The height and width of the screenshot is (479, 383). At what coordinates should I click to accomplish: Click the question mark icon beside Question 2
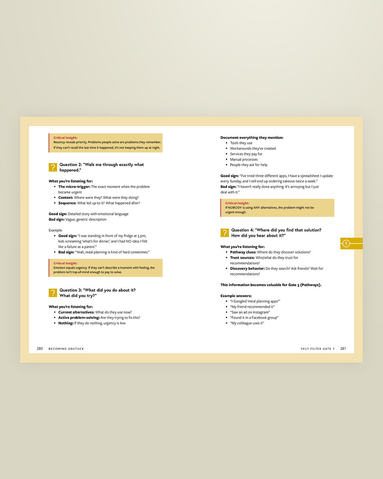(53, 167)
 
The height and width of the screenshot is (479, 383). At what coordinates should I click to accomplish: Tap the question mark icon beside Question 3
(53, 293)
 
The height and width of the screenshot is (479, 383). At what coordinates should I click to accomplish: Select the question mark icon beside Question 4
(225, 233)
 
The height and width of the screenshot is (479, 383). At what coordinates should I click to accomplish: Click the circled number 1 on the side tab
(346, 243)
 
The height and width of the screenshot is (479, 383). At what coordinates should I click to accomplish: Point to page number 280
(40, 348)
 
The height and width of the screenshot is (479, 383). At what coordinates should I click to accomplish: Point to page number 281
(343, 348)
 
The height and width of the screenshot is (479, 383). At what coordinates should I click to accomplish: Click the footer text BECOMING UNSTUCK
(66, 349)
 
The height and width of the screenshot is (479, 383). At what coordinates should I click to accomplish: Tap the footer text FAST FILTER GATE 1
(318, 349)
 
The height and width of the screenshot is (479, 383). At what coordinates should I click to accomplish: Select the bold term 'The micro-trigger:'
(74, 187)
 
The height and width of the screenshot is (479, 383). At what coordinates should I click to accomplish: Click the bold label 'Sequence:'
(67, 203)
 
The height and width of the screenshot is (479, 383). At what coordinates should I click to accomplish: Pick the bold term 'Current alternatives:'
(76, 312)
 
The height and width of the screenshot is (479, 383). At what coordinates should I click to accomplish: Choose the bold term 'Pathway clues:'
(243, 252)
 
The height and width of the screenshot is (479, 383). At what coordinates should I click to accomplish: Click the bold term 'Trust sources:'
(243, 258)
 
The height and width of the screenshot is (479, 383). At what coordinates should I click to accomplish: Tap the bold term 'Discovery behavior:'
(247, 269)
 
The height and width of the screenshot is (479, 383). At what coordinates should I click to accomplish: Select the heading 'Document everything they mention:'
(252, 138)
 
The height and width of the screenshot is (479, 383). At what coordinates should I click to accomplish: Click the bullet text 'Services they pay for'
(246, 154)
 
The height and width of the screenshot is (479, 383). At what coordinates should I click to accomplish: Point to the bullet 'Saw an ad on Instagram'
(250, 312)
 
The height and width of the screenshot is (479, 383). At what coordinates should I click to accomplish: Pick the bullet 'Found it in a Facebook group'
(254, 318)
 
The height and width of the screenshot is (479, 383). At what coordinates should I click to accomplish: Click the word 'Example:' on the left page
(55, 230)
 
